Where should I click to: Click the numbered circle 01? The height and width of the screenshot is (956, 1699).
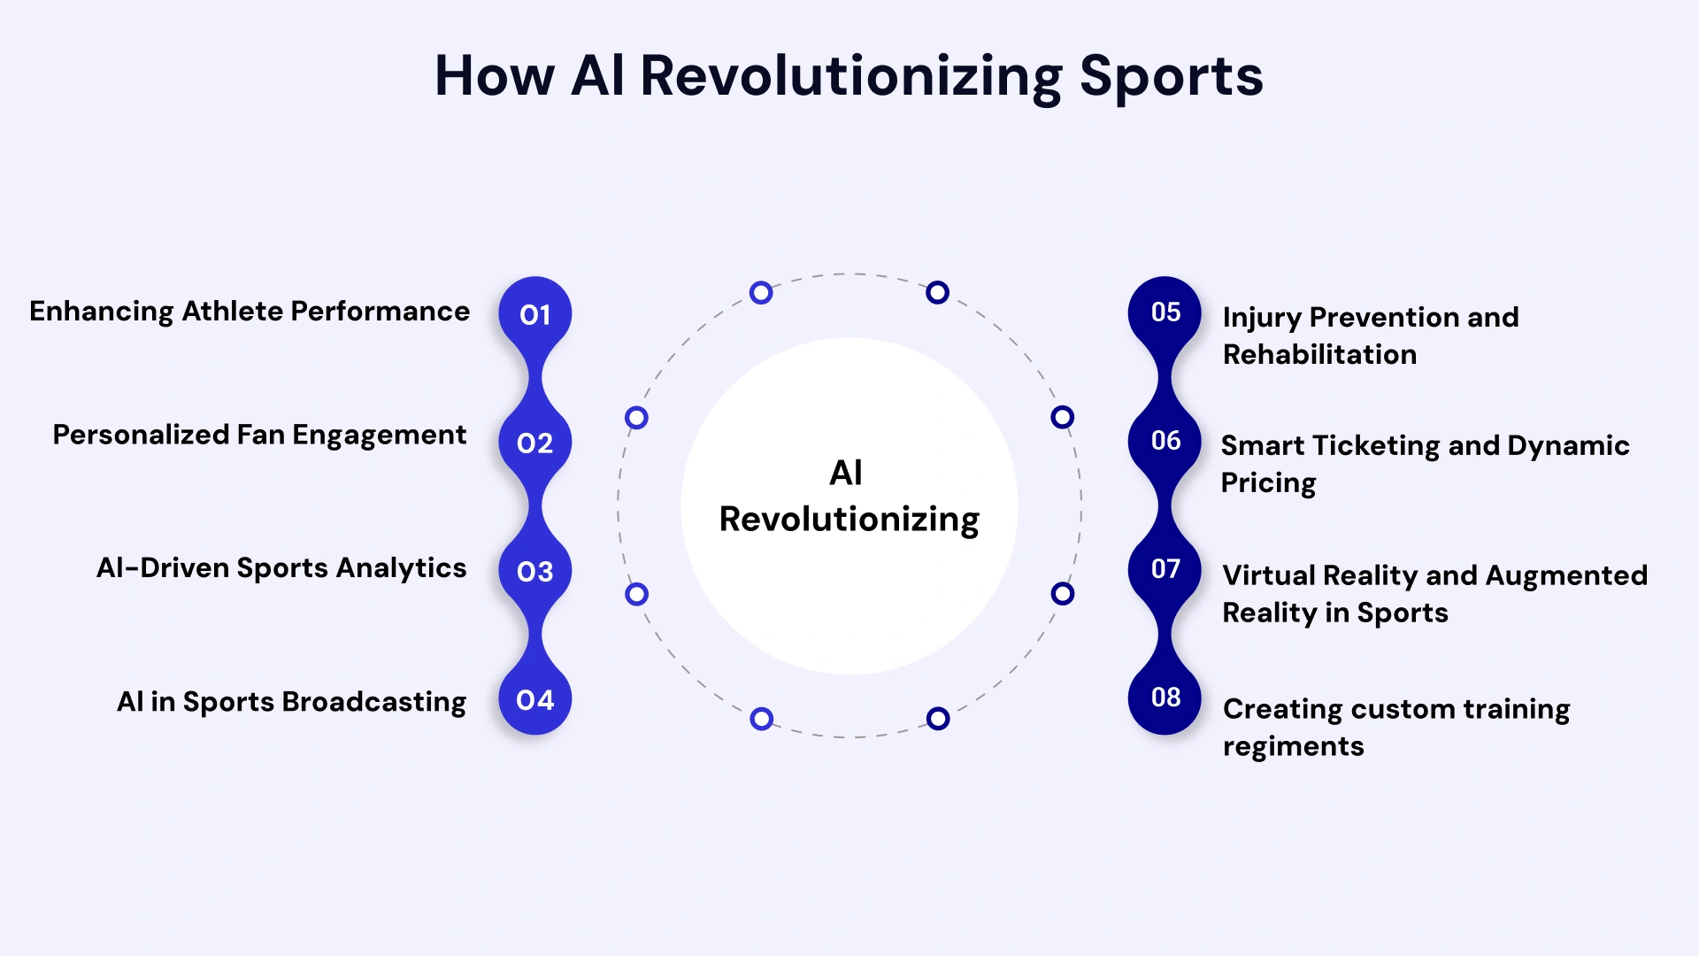[534, 314]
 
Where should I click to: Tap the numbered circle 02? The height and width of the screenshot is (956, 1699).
[534, 443]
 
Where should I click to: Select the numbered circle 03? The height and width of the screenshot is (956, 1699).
[534, 571]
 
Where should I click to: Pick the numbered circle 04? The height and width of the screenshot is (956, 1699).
[534, 700]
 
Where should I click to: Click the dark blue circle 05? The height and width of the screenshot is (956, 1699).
[1165, 312]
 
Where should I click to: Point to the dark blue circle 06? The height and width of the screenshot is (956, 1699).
[1165, 440]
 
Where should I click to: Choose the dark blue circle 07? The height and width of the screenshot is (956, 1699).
[1165, 568]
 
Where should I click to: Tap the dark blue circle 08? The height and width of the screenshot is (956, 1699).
[1165, 698]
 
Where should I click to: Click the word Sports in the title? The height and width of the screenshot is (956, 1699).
[1171, 77]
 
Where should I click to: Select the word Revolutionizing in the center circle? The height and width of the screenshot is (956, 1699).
[849, 520]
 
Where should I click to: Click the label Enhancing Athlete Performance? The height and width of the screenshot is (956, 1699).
[250, 312]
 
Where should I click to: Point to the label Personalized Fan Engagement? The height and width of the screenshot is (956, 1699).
[259, 435]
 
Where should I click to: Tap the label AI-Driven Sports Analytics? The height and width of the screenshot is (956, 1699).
[281, 567]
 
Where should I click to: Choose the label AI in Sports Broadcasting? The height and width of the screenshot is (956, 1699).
[291, 702]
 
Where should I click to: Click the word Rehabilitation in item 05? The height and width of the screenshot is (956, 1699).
[1319, 355]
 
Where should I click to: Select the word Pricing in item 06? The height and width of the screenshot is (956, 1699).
[1268, 483]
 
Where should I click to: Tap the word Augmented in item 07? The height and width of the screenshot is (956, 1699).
[1566, 576]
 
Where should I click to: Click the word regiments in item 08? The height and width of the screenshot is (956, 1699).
[1293, 747]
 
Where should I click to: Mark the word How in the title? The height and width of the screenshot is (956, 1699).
[494, 77]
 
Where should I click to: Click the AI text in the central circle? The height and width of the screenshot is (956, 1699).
[846, 473]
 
